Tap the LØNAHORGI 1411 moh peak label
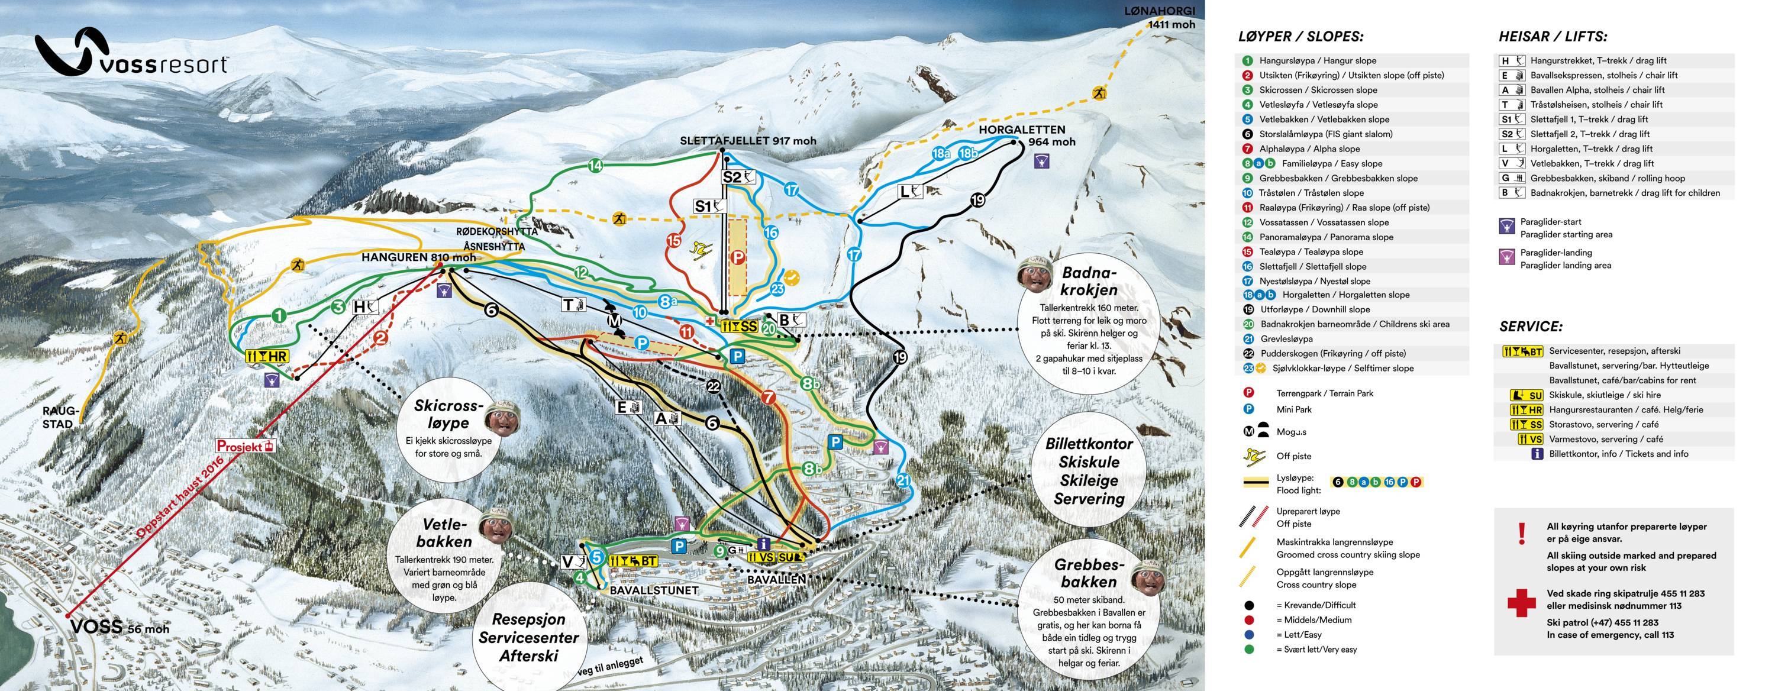click(1171, 17)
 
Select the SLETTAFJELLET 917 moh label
click(748, 141)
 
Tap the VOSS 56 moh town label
click(118, 627)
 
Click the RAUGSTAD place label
click(62, 418)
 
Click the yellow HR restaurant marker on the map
click(267, 356)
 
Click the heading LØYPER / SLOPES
click(1300, 37)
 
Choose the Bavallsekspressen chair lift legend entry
click(1603, 75)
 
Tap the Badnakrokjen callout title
click(1089, 280)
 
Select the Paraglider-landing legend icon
click(1508, 258)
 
